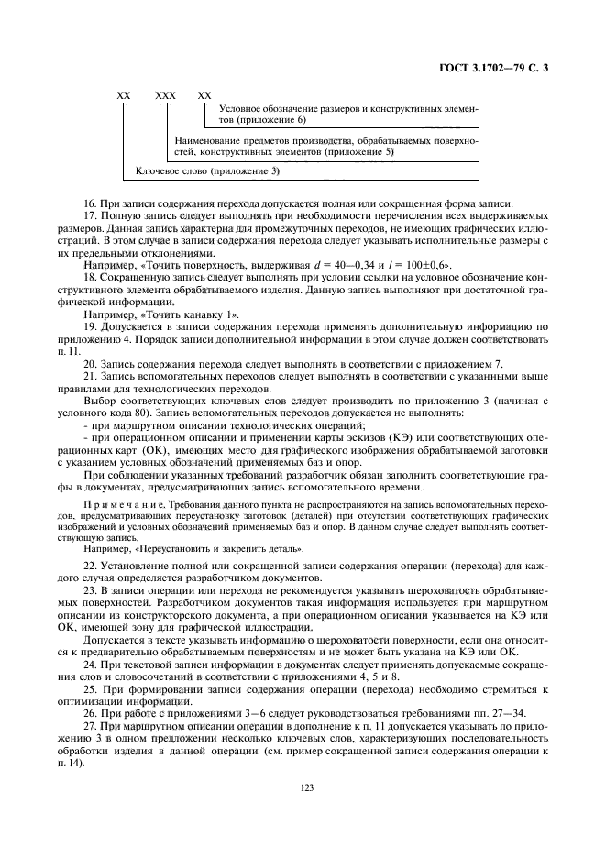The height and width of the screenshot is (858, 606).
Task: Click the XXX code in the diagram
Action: click(165, 95)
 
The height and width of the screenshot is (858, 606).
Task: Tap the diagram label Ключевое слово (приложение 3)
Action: click(208, 171)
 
